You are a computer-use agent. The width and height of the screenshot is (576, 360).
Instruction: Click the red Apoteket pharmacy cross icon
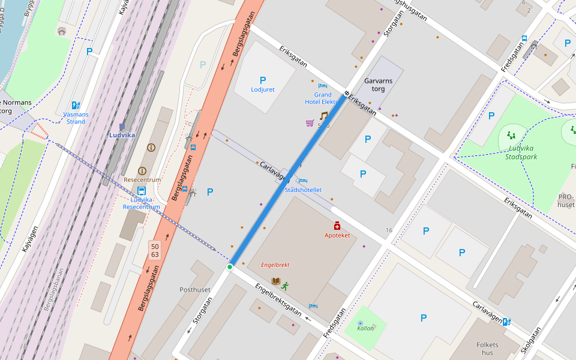coord(337,226)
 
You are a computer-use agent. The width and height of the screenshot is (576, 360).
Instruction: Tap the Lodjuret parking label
coord(262,89)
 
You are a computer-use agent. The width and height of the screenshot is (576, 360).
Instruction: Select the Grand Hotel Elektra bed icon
coord(322,86)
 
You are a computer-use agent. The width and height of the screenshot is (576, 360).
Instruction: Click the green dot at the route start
coord(229,266)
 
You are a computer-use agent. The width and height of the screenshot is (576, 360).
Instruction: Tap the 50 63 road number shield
coord(155,250)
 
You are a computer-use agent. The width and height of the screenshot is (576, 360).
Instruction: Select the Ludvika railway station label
coord(122,135)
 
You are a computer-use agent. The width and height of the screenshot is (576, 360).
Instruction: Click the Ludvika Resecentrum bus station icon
coord(142,191)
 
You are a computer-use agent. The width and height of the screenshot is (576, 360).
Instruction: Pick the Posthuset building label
coord(195,289)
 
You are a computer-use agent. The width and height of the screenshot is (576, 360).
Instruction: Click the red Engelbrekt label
coord(275,265)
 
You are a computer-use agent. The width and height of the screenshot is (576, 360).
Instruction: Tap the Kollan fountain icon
coord(360,323)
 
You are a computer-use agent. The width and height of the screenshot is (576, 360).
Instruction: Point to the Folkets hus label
coord(487,349)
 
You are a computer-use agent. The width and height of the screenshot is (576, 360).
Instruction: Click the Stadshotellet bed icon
coord(303,181)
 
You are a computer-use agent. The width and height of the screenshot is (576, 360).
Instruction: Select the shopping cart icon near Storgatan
coord(310,123)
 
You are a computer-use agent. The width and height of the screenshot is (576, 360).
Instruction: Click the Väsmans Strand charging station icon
coord(76,106)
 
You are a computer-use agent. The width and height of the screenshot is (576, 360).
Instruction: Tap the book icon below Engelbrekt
coord(276,281)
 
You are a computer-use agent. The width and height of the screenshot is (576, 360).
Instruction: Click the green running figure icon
coord(285,286)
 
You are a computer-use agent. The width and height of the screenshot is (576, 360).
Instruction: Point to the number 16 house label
coord(389,230)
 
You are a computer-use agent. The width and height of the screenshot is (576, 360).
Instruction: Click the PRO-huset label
coord(566,200)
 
